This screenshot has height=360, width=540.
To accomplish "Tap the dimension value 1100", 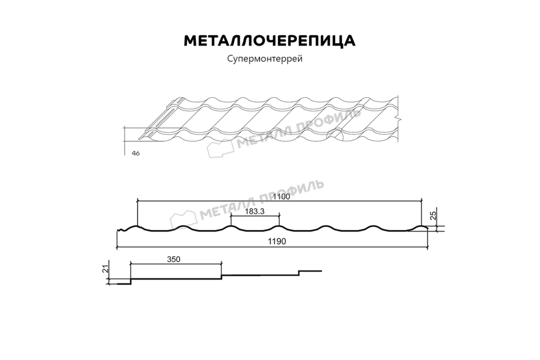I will click(x=281, y=198).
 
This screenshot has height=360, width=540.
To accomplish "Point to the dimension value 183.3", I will click(x=254, y=212).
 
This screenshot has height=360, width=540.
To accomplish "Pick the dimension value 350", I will click(x=173, y=260).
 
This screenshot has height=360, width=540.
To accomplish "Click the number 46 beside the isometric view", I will click(x=136, y=154).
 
